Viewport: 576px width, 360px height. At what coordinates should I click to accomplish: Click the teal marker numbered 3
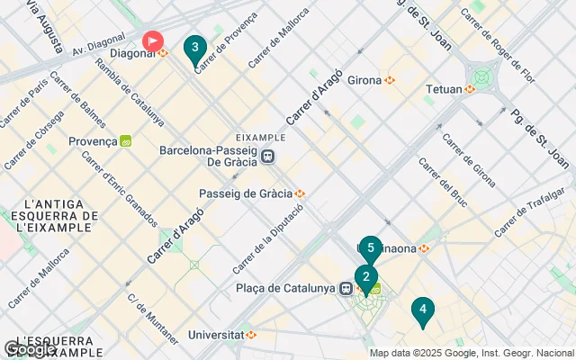tap(194, 49)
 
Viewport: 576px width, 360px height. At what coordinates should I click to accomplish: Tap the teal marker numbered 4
tap(422, 310)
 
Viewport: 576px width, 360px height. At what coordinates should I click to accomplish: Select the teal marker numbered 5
tap(370, 249)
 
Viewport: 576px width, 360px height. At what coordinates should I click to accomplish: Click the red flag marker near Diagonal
tap(154, 40)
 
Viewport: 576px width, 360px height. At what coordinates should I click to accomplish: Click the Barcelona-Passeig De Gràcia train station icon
tap(268, 157)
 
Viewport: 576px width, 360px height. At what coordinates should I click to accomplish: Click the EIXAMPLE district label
tap(260, 137)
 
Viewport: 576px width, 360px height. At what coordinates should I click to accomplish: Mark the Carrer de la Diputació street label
tap(269, 238)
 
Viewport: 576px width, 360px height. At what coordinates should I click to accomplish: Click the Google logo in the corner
tap(29, 349)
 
